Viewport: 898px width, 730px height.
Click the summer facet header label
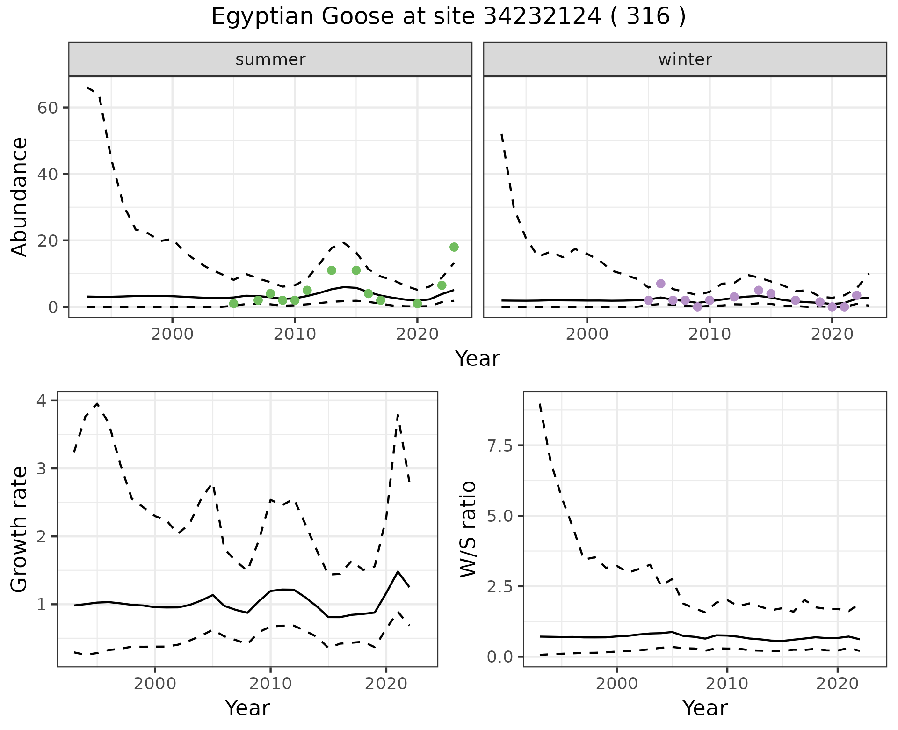[x=270, y=59]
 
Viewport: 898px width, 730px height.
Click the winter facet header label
[x=685, y=59]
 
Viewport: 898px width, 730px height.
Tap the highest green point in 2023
[x=454, y=247]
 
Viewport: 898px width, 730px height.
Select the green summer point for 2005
[x=234, y=304]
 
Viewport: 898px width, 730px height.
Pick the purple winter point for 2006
[x=660, y=284]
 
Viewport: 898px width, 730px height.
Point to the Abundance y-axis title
[x=20, y=197]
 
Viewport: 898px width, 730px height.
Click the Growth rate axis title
[x=20, y=530]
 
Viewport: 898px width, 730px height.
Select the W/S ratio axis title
[x=468, y=529]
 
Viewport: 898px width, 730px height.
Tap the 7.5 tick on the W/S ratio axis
[x=500, y=445]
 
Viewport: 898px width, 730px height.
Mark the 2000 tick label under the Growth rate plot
[x=155, y=684]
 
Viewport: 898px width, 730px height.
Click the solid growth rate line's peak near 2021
[x=398, y=571]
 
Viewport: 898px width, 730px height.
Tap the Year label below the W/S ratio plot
[x=705, y=708]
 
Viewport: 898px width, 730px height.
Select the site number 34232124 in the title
[x=542, y=17]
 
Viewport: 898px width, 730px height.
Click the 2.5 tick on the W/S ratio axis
[x=500, y=586]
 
